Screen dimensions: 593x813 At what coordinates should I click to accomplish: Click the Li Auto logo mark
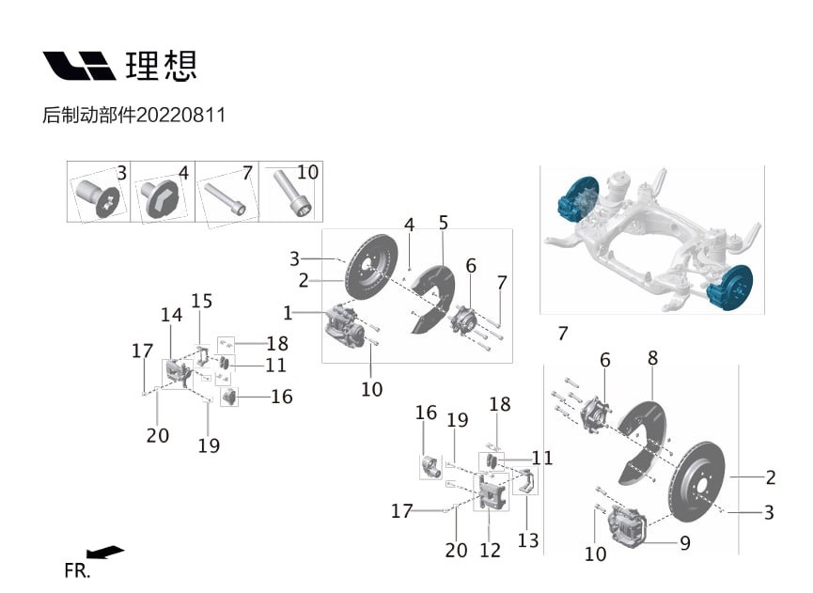(79, 66)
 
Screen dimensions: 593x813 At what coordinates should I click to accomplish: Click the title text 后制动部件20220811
(134, 116)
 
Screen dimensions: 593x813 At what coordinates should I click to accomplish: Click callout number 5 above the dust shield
(443, 223)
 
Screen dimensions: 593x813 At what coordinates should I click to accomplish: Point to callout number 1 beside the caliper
(288, 312)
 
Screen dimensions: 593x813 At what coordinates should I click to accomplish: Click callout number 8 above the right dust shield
(652, 358)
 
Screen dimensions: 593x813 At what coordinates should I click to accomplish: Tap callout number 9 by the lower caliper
(685, 542)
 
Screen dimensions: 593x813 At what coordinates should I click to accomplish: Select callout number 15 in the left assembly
(202, 301)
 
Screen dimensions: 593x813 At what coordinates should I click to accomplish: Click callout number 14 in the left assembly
(171, 316)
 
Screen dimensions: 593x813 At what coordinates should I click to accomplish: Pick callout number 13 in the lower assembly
(528, 540)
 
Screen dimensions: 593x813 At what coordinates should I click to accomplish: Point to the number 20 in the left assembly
(158, 435)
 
